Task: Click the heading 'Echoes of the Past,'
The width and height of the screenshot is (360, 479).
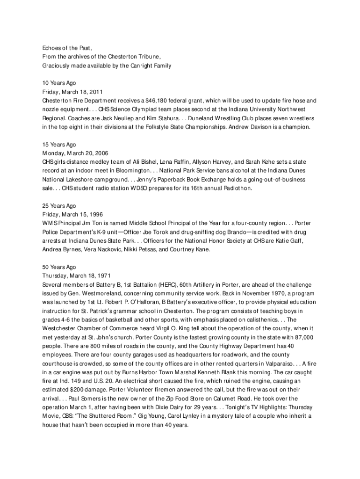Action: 67,48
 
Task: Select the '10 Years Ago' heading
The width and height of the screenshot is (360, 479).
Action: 59,83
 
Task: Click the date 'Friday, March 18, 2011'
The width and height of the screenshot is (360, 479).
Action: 72,92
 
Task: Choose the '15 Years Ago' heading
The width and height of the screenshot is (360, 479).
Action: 59,145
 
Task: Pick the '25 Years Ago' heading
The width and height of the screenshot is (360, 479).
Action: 59,206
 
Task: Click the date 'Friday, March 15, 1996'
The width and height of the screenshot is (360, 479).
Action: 72,214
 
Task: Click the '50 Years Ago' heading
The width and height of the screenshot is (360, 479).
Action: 59,267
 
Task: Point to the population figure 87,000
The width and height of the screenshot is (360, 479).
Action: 299,337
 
